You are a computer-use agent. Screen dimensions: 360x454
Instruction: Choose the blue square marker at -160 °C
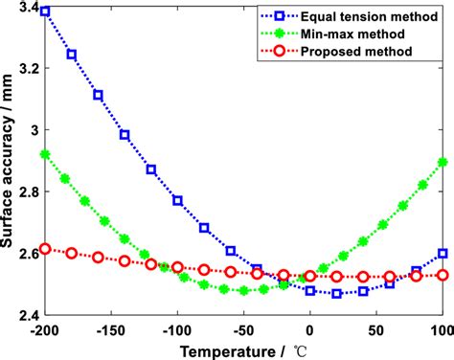coord(98,95)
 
